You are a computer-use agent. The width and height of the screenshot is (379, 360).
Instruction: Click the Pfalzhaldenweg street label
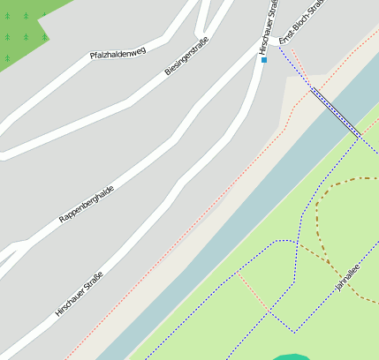click(x=117, y=54)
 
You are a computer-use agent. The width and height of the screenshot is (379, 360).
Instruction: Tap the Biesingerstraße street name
click(x=186, y=56)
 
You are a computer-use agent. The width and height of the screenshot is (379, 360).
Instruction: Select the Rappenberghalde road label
click(x=87, y=204)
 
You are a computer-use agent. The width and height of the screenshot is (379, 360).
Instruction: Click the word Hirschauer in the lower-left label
click(x=70, y=302)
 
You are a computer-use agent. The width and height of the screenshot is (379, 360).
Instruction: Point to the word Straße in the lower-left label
click(x=93, y=282)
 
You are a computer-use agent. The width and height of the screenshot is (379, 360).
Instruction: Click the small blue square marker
click(x=263, y=60)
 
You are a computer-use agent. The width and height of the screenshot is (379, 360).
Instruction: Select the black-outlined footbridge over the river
click(x=336, y=112)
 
